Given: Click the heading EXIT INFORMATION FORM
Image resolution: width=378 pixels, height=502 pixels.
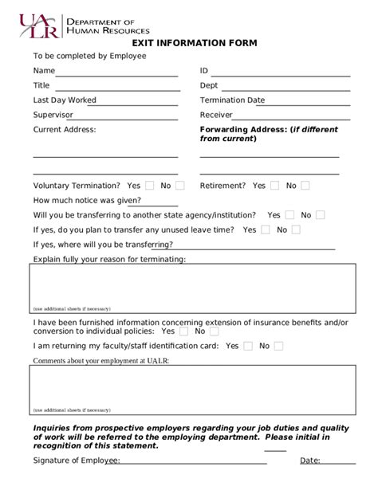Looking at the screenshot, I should pos(189,43).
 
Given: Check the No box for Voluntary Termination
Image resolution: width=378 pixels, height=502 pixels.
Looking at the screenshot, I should pos(180,186).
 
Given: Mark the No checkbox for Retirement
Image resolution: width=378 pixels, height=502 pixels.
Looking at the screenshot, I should pos(306,186).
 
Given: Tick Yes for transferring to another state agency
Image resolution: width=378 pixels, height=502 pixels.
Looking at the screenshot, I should pos(290,215).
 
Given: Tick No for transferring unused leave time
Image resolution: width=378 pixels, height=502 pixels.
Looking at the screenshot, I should pos(296,229).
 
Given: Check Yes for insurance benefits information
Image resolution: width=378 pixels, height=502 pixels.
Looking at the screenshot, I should pos(184,331).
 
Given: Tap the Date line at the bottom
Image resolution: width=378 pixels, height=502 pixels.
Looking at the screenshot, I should pos(338,461).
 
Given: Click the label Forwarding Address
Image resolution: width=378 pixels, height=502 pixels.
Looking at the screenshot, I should pos(242,129).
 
